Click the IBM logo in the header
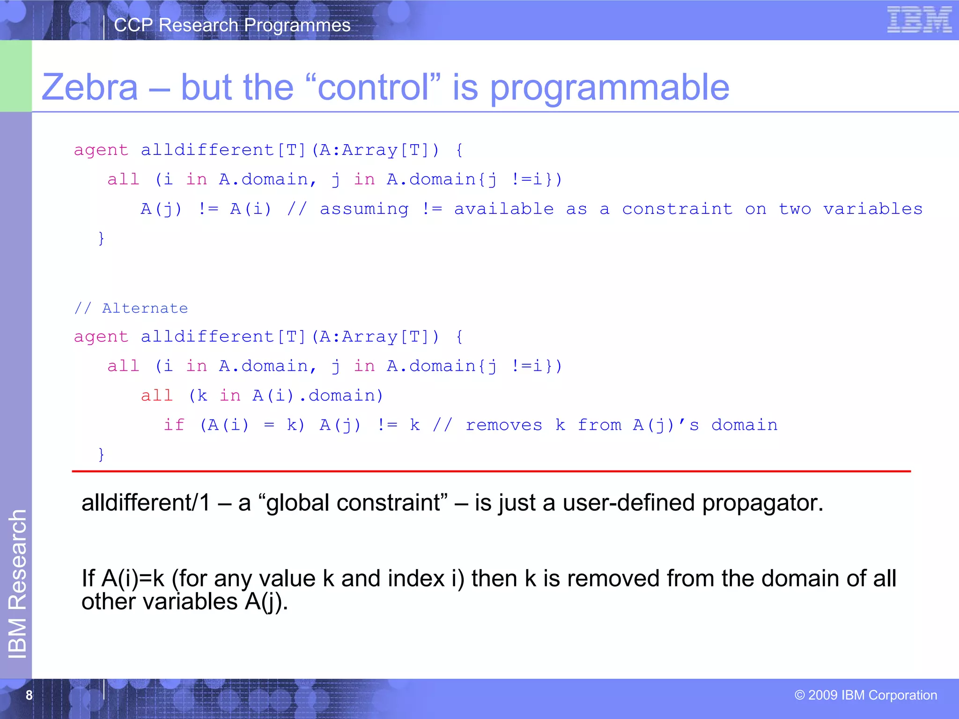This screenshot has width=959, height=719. click(x=919, y=20)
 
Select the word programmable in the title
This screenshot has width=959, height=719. click(x=609, y=88)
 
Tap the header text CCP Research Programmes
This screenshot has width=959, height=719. click(x=232, y=25)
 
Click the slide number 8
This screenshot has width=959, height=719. click(x=29, y=695)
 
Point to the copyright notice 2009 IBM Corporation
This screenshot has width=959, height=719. click(x=866, y=695)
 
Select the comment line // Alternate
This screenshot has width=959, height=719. click(x=131, y=308)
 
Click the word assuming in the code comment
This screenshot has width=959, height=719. click(x=364, y=209)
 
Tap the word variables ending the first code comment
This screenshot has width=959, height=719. click(x=873, y=209)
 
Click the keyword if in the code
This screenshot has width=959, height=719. click(x=174, y=425)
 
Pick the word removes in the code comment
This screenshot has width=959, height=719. click(x=504, y=425)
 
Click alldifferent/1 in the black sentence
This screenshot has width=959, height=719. click(x=146, y=503)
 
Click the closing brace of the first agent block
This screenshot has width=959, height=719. click(x=101, y=238)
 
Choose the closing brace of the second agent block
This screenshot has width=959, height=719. click(x=101, y=454)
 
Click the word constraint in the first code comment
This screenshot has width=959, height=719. click(x=677, y=209)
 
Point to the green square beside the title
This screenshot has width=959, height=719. click(x=16, y=76)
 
